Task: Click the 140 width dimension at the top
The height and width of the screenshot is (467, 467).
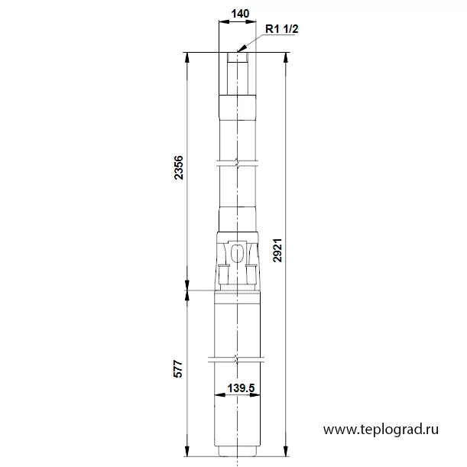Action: (x=240, y=14)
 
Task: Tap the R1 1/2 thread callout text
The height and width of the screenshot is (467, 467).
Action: (x=281, y=29)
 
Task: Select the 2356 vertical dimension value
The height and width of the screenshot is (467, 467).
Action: (x=178, y=167)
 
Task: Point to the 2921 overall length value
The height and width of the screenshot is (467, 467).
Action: (x=277, y=250)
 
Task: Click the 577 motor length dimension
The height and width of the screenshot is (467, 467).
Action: (x=178, y=369)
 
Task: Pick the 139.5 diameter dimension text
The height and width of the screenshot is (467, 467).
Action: (x=241, y=388)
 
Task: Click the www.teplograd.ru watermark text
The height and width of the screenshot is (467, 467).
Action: (x=381, y=430)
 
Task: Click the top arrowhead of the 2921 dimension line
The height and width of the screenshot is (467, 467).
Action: (x=286, y=57)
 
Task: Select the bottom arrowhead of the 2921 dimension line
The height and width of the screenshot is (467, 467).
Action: (x=286, y=451)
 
